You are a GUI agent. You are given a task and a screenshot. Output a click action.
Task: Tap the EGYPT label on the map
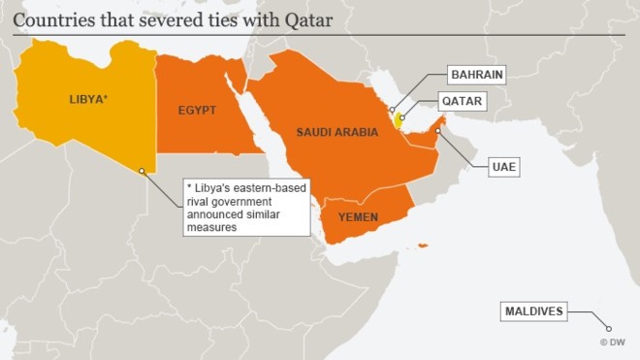pos(197,110)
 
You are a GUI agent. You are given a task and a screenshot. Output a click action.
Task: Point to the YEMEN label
pos(358,217)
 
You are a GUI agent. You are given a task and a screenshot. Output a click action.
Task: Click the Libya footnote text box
pos(246,207)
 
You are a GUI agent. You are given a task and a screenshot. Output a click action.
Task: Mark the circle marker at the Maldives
pos(597,327)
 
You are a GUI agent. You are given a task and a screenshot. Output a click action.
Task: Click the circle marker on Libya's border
pos(143,171)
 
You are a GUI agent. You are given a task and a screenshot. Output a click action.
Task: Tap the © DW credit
pos(616,343)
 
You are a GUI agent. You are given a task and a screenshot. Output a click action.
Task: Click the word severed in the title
pos(146,16)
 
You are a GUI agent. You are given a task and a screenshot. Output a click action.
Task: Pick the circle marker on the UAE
pos(438,129)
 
